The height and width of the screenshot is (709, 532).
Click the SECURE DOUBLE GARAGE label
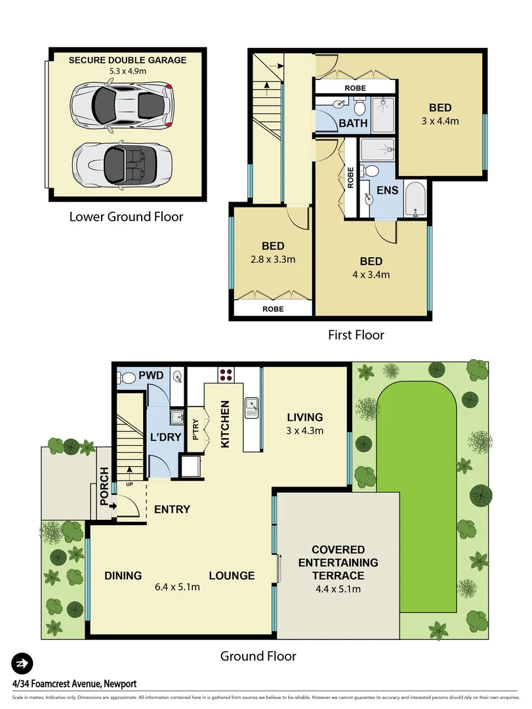pos(128,60)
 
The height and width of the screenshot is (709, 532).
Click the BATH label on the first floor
pos(354,123)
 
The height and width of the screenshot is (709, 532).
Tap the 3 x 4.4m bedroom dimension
pos(440,121)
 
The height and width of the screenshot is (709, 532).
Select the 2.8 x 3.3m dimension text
pos(273,259)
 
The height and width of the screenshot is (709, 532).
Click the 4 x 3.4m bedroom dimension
pos(371,274)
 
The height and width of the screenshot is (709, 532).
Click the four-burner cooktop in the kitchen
pos(226,376)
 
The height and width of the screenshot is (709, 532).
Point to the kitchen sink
pos(252,408)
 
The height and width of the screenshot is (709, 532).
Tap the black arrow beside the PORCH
pos(113,505)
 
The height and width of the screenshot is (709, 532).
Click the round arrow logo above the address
pos(22,662)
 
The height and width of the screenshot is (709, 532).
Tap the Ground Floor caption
pos(258,656)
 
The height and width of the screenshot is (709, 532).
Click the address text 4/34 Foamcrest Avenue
pos(74,683)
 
